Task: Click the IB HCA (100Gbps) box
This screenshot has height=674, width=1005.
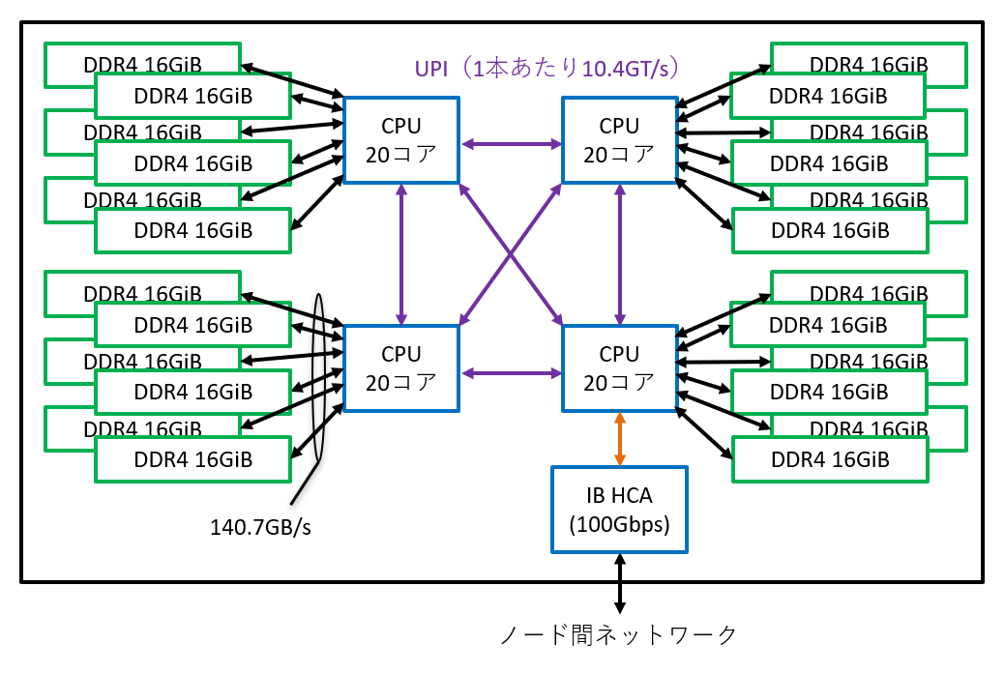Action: pyautogui.click(x=619, y=510)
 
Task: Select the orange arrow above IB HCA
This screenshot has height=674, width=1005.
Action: pyautogui.click(x=620, y=438)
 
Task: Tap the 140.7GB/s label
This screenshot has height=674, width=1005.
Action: pyautogui.click(x=260, y=528)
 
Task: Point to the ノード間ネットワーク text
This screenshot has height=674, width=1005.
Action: pyautogui.click(x=619, y=635)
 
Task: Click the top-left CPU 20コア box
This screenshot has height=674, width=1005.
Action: pyautogui.click(x=401, y=140)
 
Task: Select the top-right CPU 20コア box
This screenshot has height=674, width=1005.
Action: pyautogui.click(x=619, y=140)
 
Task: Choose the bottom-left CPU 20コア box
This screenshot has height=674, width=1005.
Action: pyautogui.click(x=401, y=368)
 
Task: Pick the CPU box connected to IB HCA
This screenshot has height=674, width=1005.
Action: pyautogui.click(x=619, y=368)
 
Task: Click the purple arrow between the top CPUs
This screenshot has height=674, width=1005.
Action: pyautogui.click(x=511, y=145)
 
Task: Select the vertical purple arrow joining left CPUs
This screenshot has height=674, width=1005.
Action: pyautogui.click(x=401, y=253)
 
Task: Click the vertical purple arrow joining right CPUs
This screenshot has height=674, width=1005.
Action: pyautogui.click(x=620, y=253)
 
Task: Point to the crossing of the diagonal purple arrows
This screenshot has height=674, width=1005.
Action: pyautogui.click(x=511, y=254)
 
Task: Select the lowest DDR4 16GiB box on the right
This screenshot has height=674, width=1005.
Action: pyautogui.click(x=829, y=460)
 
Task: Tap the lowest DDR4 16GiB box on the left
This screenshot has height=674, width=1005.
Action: pyautogui.click(x=192, y=460)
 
